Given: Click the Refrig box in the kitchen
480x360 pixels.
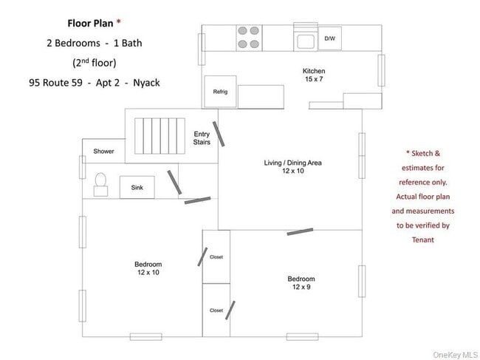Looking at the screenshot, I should tap(220, 92).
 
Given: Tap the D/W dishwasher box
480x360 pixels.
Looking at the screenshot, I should tap(329, 38).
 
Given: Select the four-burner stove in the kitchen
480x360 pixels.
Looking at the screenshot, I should tap(248, 38).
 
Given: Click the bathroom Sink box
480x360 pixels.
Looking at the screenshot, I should tap(137, 188).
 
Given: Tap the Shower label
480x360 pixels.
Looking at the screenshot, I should tap(103, 152).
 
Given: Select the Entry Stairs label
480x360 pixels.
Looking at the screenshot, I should tap(202, 138).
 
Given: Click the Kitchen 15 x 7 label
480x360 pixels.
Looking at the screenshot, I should tap(314, 75).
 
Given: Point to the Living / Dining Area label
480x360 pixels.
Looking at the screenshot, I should tap(293, 166).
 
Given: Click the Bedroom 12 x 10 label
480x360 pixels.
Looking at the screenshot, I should tap(148, 268).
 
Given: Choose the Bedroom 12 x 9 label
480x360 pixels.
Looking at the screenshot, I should tap(301, 282).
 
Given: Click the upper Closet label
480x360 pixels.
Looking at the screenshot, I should tap(216, 257).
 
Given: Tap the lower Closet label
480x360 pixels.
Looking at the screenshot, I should tap(216, 310).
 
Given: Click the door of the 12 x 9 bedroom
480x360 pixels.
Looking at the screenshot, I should tap(299, 231).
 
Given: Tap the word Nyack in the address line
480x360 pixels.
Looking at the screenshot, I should tap(145, 82).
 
